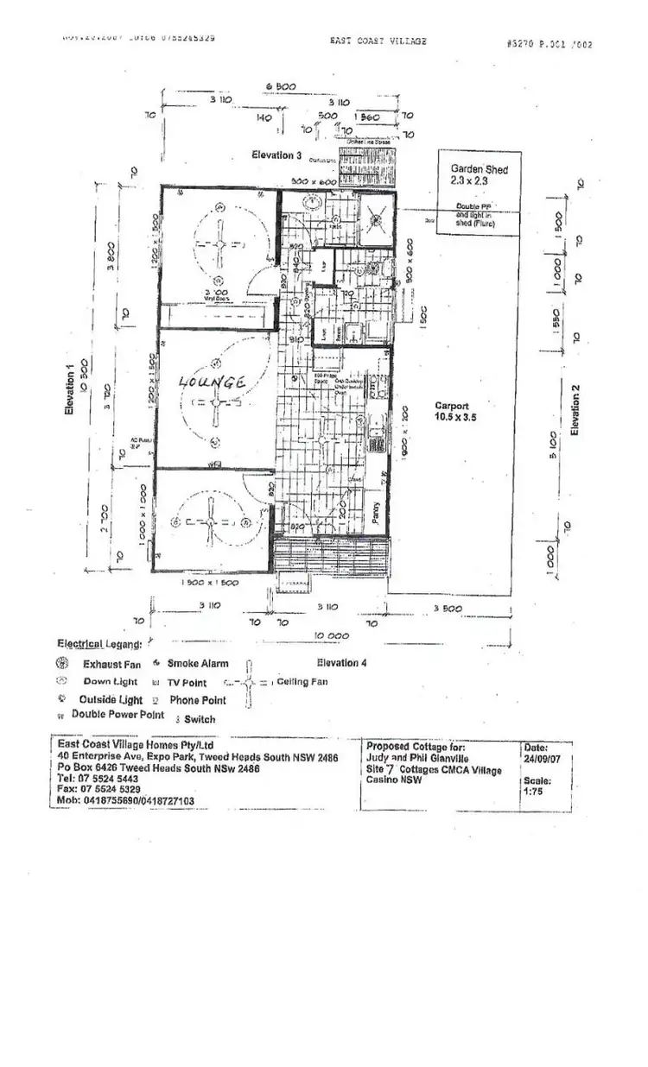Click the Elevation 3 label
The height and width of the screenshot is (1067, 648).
276,155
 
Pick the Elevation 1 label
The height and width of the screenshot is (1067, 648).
70,388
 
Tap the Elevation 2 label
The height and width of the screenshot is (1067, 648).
575,409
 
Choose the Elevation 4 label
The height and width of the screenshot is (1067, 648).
341,663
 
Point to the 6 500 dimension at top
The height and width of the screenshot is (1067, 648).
280,86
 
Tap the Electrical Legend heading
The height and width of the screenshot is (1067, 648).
98,644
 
